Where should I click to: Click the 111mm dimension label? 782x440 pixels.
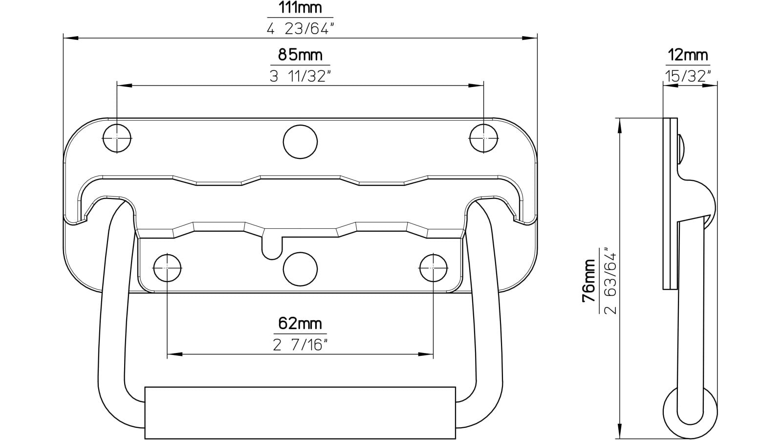click(300, 8)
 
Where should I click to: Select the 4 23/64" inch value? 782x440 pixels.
click(300, 29)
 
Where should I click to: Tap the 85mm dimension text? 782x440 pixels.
click(300, 55)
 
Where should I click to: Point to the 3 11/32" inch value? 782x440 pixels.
click(300, 76)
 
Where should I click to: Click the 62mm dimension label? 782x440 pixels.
click(300, 323)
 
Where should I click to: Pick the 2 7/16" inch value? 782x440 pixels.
click(300, 345)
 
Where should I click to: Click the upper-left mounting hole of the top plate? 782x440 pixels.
click(117, 138)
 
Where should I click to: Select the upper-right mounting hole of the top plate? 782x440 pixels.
click(484, 138)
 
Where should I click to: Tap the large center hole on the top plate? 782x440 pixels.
click(300, 142)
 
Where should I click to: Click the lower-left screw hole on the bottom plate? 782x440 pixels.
click(167, 267)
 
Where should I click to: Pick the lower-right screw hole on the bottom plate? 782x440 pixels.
click(434, 267)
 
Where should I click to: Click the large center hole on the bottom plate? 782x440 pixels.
click(300, 269)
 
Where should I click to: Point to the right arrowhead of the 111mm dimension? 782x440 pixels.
click(531, 38)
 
